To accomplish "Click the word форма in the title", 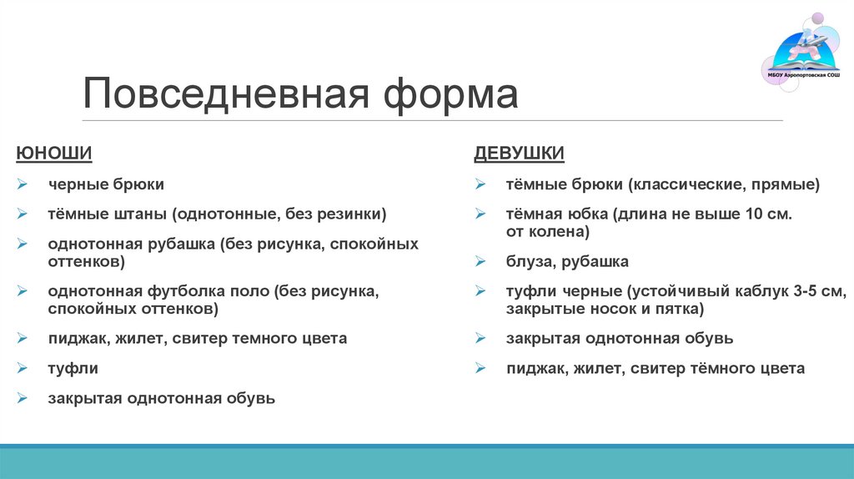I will click(450, 94).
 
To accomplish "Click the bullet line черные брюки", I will click(106, 184).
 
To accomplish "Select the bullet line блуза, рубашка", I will click(567, 261).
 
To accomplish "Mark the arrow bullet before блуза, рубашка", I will click(481, 262).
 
